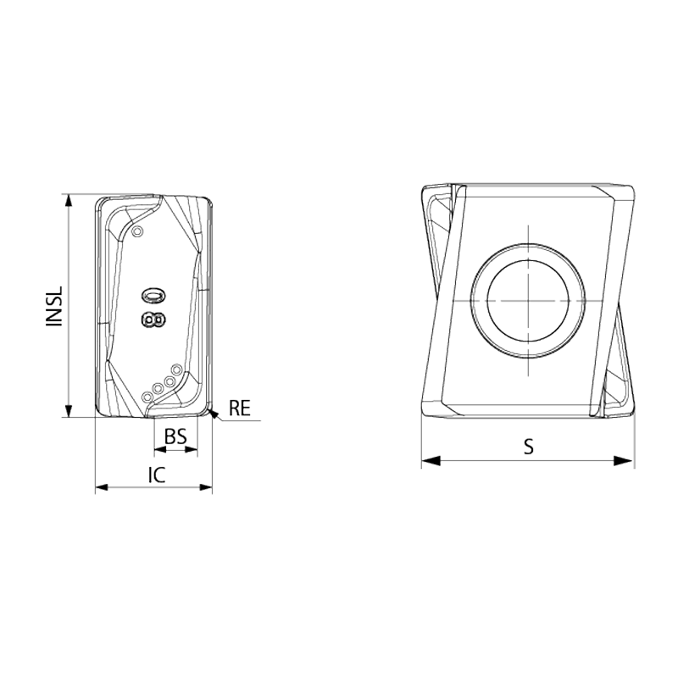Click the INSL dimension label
[55, 306]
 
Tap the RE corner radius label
[240, 408]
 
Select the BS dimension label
[175, 436]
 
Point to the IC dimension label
[157, 475]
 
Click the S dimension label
[528, 447]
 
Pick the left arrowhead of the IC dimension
[102, 487]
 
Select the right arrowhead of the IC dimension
[206, 487]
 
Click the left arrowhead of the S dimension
[431, 460]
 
